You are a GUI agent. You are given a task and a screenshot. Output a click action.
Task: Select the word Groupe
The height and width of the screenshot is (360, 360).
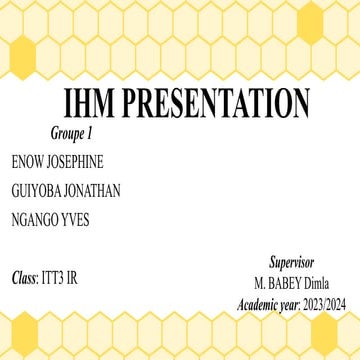click(67, 133)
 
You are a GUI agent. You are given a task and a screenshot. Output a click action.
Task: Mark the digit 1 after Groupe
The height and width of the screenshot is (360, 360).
click(90, 133)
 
